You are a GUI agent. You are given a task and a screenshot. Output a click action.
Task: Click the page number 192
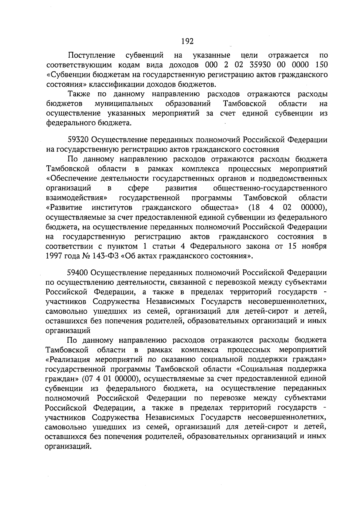(187, 41)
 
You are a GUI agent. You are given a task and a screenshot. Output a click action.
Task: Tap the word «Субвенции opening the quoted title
(65, 74)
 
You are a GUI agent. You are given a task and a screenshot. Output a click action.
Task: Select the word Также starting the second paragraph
(79, 94)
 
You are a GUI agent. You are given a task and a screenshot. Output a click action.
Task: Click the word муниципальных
(124, 104)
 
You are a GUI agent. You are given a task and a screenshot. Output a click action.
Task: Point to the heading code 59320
(78, 140)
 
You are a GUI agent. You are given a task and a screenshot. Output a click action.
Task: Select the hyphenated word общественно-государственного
(270, 188)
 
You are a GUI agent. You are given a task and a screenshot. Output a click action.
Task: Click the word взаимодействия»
(76, 198)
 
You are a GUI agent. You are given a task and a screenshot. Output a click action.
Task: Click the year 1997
(54, 256)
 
